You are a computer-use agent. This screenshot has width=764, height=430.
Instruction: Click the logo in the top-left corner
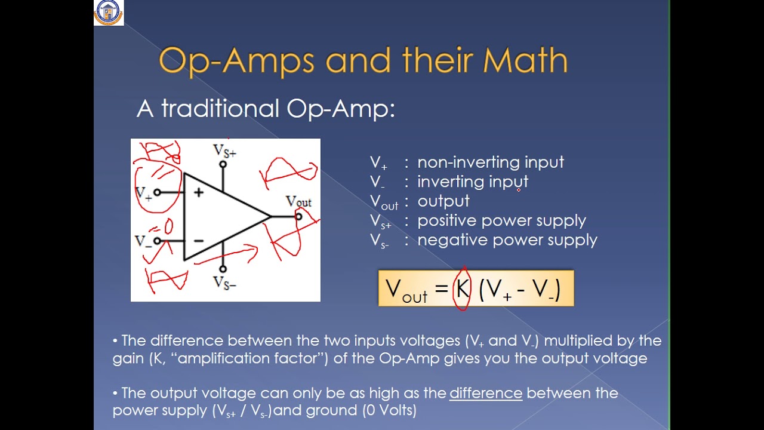pos(109,13)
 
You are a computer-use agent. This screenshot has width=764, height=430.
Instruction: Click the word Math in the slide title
pos(525,61)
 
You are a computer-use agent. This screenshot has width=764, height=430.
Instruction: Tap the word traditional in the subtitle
pos(220,109)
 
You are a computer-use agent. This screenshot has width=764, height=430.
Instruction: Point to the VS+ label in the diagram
pos(224,151)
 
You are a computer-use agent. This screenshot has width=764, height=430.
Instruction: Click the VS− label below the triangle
pos(224,282)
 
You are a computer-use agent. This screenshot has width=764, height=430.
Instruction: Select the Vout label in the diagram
pos(298,202)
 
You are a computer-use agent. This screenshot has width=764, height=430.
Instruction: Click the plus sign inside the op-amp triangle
pos(198,192)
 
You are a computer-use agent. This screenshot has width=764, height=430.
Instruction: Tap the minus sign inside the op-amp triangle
pos(198,241)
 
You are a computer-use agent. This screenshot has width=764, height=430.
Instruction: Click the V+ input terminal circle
pos(157,192)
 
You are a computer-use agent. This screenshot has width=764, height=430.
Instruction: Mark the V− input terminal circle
pos(157,241)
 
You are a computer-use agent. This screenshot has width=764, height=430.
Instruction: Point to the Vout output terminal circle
pos(298,216)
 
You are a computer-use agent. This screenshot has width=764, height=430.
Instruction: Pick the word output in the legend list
pos(443,201)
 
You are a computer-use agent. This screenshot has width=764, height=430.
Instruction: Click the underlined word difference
pos(486,393)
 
